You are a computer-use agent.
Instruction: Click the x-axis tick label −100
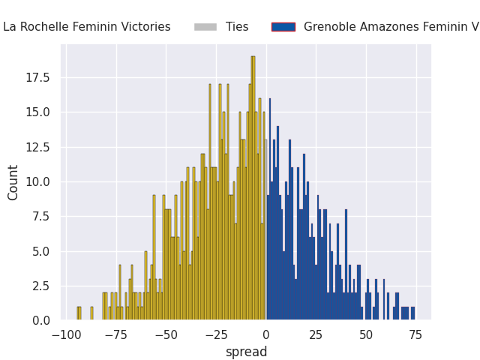pyautogui.click(x=67, y=335)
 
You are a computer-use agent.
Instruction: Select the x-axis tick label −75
pyautogui.click(x=116, y=335)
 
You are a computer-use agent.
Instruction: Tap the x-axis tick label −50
pyautogui.click(x=166, y=335)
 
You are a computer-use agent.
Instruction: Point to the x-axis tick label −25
pyautogui.click(x=216, y=335)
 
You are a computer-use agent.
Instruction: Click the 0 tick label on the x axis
pyautogui.click(x=266, y=335)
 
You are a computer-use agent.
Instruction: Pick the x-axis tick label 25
pyautogui.click(x=316, y=335)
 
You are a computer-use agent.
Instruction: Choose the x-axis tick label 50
pyautogui.click(x=366, y=335)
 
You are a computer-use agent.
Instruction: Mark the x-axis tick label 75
pyautogui.click(x=415, y=335)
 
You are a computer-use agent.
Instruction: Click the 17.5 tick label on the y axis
pyautogui.click(x=37, y=78)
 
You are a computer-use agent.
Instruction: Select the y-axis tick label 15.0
pyautogui.click(x=37, y=112)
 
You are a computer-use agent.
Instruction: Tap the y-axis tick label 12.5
pyautogui.click(x=37, y=147)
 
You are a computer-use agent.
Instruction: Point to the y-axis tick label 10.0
pyautogui.click(x=37, y=182)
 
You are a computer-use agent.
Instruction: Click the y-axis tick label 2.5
pyautogui.click(x=41, y=286)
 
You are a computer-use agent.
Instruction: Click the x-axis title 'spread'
pyautogui.click(x=247, y=352)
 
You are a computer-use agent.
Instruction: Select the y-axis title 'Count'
pyautogui.click(x=13, y=183)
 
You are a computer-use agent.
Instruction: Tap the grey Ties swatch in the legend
pyautogui.click(x=205, y=27)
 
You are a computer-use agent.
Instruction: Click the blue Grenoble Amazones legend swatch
pyautogui.click(x=283, y=27)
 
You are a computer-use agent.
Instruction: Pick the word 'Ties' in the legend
pyautogui.click(x=237, y=27)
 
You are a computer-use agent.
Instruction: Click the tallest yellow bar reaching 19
pyautogui.click(x=253, y=188)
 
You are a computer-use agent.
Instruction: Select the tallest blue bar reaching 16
pyautogui.click(x=270, y=209)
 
